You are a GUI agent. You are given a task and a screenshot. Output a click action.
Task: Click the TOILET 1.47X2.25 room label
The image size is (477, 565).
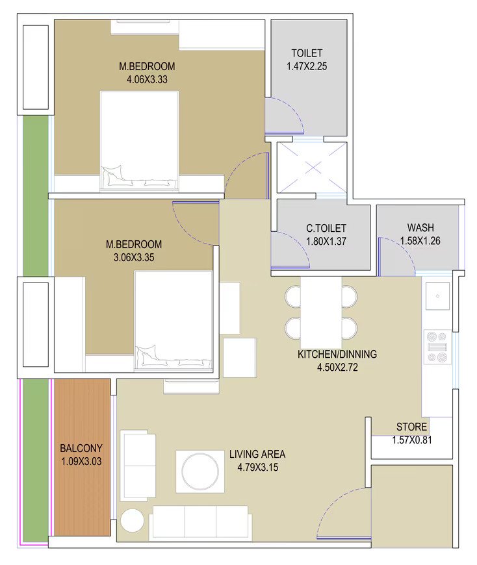click(307, 60)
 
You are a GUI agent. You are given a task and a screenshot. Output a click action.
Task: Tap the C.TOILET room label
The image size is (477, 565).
click(326, 228)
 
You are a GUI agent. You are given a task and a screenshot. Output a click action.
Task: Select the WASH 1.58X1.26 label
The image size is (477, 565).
click(420, 234)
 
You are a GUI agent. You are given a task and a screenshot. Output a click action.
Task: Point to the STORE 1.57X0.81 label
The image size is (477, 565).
click(412, 433)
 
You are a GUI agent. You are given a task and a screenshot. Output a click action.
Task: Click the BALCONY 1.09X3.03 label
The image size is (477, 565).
click(81, 455)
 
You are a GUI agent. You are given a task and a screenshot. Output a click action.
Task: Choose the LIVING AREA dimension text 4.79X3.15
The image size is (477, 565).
click(257, 468)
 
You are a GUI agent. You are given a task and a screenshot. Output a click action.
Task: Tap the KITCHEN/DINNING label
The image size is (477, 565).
click(337, 354)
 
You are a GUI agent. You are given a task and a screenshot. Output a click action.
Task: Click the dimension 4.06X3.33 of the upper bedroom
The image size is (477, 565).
click(147, 79)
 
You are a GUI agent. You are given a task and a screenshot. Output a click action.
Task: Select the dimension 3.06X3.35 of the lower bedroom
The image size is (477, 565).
click(134, 257)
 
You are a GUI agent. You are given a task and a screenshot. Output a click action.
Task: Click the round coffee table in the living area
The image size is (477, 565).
click(200, 471)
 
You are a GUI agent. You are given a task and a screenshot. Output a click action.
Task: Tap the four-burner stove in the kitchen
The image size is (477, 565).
click(437, 347)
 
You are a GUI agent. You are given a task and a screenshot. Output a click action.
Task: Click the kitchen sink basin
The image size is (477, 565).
click(438, 296)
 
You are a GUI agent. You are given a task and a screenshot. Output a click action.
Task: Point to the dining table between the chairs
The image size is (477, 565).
click(321, 312)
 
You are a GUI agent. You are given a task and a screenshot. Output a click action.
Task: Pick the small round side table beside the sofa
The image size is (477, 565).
click(133, 520)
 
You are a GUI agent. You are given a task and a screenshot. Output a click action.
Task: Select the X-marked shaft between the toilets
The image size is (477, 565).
click(312, 168)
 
